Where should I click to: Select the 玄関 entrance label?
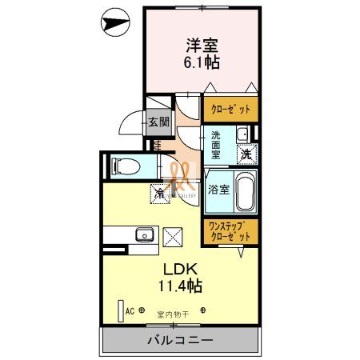(x=158, y=122)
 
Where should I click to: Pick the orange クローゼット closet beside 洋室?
(x=230, y=108)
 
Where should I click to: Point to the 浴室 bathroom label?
(x=219, y=190)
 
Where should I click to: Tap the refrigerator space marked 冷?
(x=161, y=193)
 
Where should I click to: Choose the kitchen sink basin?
(x=145, y=234)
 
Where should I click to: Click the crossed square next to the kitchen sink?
(x=173, y=235)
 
